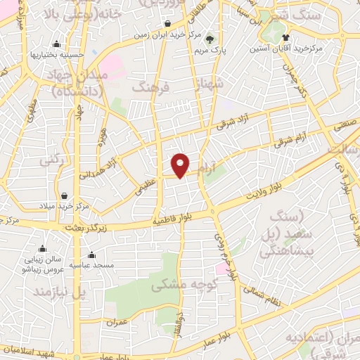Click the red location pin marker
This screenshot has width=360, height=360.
[x=181, y=165]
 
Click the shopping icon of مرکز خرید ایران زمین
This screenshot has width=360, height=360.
[x=166, y=23]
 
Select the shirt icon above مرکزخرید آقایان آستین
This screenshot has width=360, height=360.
[x=285, y=37]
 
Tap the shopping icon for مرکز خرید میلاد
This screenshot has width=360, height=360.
[x=65, y=195]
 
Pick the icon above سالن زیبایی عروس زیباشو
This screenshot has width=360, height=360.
[x=42, y=248]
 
